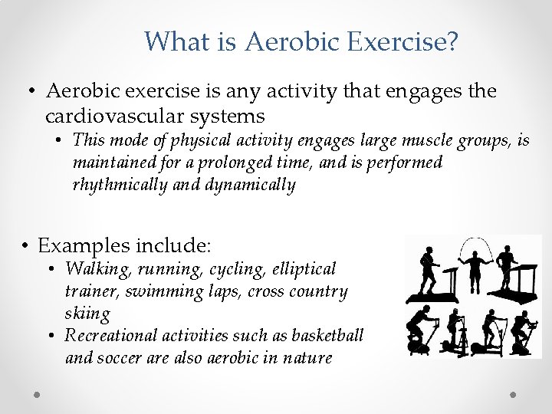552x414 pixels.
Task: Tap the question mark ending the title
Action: pos(452,41)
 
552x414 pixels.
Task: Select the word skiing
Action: pos(87,313)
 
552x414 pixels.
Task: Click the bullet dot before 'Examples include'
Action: pos(26,247)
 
